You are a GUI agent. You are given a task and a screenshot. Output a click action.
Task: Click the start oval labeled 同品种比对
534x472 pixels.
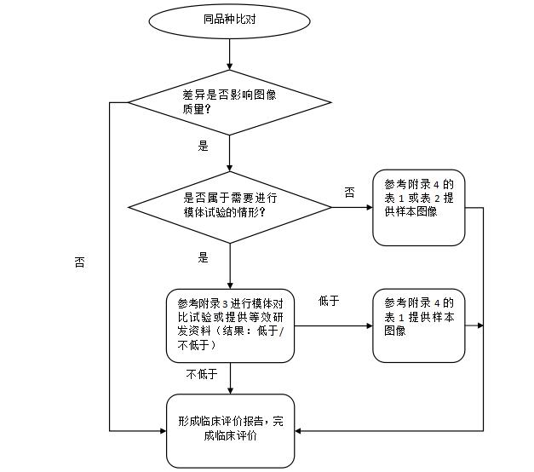(231, 20)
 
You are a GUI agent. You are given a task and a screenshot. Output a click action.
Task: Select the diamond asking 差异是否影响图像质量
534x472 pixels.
(230, 102)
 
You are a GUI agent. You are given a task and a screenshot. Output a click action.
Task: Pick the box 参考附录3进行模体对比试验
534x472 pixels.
(230, 325)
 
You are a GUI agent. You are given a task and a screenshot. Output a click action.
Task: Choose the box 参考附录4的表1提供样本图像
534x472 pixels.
(418, 325)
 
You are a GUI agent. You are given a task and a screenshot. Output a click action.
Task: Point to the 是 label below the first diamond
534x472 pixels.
(203, 146)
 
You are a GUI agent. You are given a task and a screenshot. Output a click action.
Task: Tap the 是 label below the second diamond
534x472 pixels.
(203, 256)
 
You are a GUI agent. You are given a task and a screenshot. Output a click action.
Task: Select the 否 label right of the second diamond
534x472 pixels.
(349, 193)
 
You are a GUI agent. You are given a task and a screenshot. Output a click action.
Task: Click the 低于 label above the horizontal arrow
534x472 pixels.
(329, 301)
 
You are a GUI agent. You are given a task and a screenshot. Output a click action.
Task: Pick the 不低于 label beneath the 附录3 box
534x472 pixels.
(202, 374)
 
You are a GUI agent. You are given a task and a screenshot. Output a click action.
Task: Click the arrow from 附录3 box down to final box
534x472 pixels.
(231, 378)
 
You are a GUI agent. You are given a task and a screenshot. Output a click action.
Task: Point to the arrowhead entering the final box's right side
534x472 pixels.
(299, 431)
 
